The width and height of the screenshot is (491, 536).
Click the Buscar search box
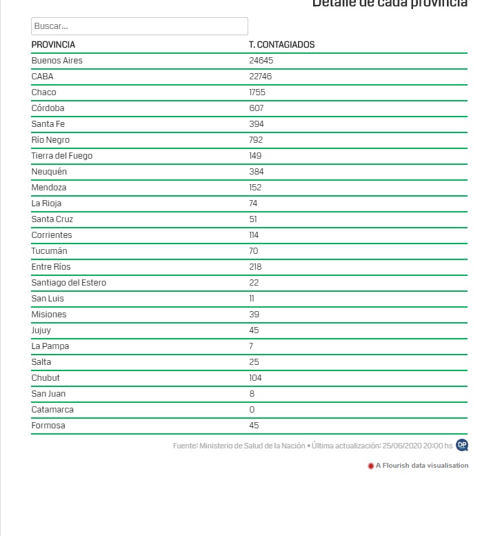point(139,26)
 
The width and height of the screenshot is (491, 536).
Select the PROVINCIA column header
point(53,45)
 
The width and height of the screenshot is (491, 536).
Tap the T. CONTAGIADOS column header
point(281,45)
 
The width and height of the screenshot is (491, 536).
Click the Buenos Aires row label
point(57,61)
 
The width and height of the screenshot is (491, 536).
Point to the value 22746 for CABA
point(261,77)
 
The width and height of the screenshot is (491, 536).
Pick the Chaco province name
point(43,92)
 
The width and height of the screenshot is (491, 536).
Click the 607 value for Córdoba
point(257,108)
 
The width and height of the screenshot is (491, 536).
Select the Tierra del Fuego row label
point(61,156)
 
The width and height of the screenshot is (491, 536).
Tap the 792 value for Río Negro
point(257,140)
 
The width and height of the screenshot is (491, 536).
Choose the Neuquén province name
point(49,172)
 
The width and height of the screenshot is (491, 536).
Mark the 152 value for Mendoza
point(256,188)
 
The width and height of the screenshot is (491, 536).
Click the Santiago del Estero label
point(68,283)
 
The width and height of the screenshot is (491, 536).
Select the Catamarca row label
point(52,410)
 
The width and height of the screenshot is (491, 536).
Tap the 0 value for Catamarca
point(252,410)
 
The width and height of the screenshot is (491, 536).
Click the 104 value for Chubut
point(256,378)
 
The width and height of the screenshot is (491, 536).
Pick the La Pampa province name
point(50,346)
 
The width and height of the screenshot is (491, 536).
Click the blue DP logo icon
point(462,446)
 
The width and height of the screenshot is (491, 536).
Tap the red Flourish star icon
point(371,466)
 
